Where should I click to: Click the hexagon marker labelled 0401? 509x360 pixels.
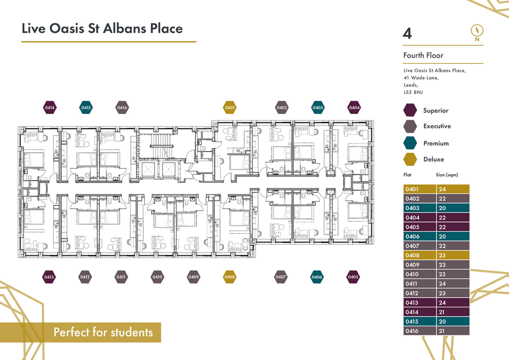(x=230, y=107)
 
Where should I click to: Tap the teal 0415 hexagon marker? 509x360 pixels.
(x=86, y=107)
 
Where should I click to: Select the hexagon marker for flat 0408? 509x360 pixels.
(x=230, y=277)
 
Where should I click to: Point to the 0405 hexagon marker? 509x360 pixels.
(x=353, y=277)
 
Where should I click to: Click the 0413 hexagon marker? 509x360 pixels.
(x=49, y=277)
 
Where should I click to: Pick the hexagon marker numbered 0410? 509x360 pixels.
(x=157, y=277)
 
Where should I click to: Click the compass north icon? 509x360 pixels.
(x=477, y=33)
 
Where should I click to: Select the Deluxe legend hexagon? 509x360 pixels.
(x=410, y=160)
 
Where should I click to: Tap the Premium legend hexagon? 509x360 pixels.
(x=410, y=143)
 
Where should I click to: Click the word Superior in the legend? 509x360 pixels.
(x=435, y=110)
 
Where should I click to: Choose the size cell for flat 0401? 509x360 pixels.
(x=453, y=189)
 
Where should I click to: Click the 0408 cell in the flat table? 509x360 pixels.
(x=420, y=255)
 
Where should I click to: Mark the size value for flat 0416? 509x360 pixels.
(x=453, y=331)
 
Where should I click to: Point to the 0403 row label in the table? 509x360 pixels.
(x=420, y=208)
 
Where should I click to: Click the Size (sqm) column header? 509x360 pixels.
(x=447, y=175)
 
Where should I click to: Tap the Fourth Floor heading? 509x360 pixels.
(x=424, y=55)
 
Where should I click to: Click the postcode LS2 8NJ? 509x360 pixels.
(x=413, y=92)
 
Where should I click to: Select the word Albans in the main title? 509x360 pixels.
(x=125, y=28)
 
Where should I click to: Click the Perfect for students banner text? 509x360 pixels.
(x=103, y=332)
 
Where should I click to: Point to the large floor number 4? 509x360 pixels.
(x=408, y=33)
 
